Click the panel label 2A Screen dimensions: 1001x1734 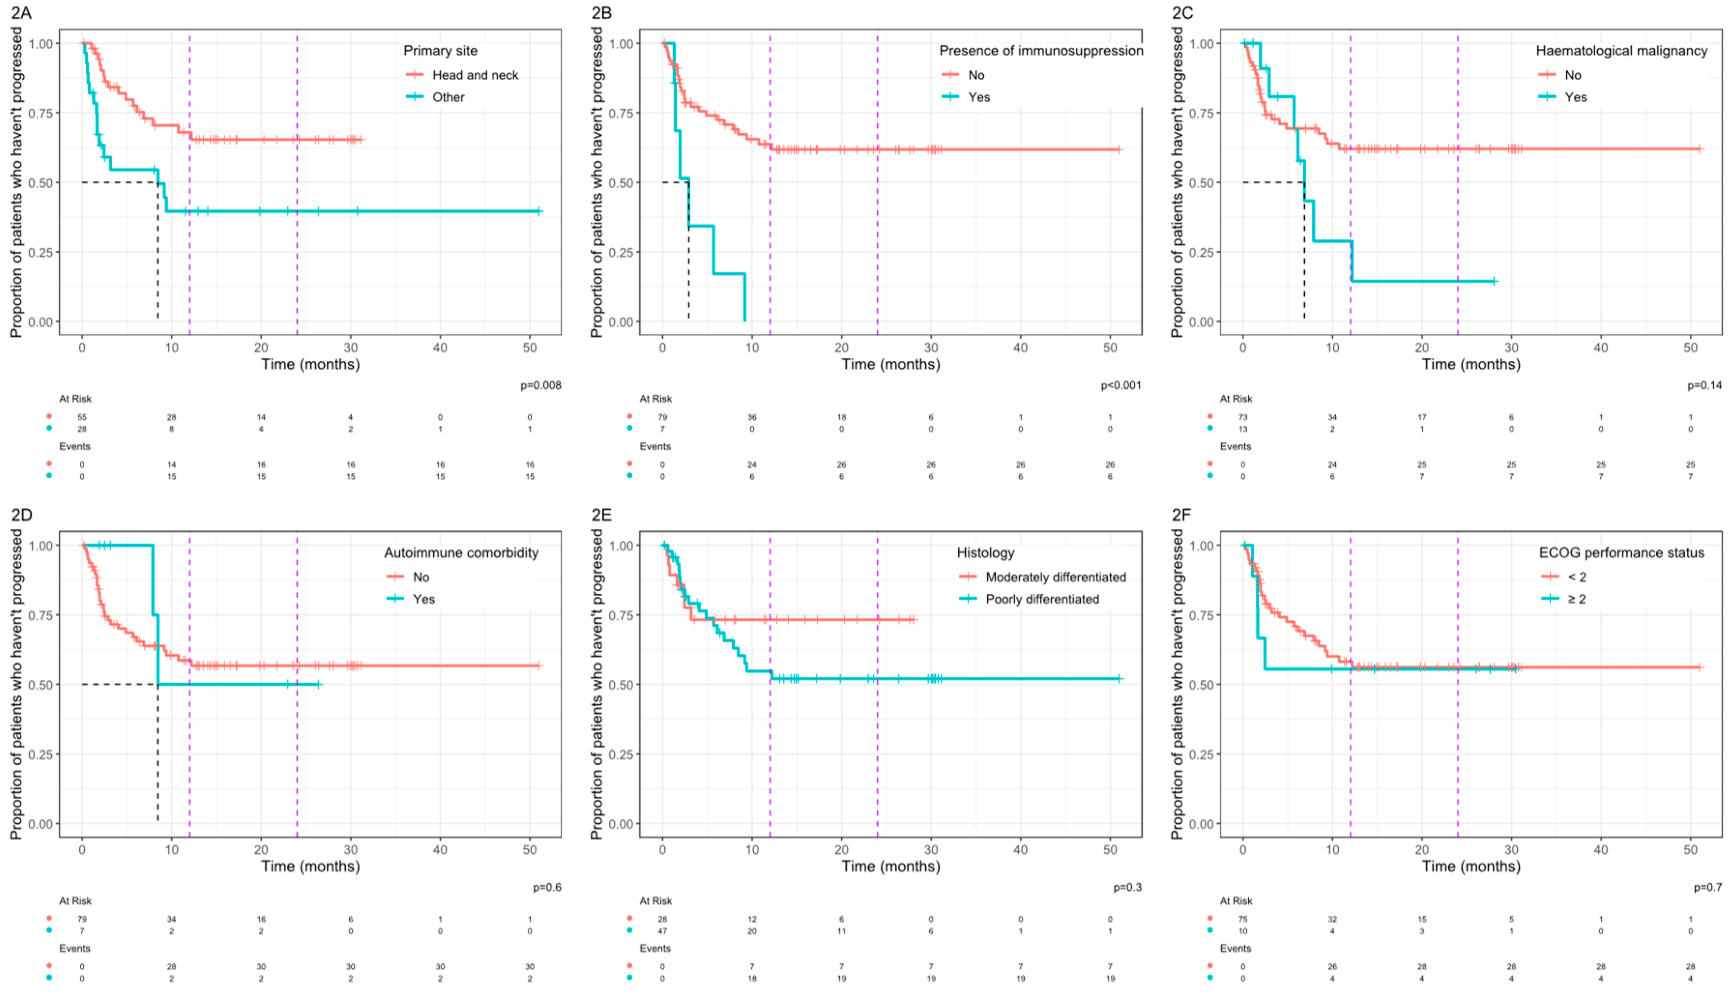21,13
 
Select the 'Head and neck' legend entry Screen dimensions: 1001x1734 475,75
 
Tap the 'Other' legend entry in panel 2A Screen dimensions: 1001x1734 448,97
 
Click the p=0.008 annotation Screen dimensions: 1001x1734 540,385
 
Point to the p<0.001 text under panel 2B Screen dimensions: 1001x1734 1121,385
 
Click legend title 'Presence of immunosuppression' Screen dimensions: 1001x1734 1041,50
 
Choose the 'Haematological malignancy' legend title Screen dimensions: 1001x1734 1621,50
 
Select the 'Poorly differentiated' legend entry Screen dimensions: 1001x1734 1042,599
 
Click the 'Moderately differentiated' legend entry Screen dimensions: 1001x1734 1055,577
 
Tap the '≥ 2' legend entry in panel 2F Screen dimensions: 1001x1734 1576,599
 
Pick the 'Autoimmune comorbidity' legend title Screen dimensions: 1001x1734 461,552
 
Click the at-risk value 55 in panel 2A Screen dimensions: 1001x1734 82,416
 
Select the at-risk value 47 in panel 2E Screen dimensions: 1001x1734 662,931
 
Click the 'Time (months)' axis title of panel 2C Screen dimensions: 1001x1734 1471,364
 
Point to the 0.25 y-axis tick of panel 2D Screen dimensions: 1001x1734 41,754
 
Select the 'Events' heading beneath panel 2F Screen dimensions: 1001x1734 1235,948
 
